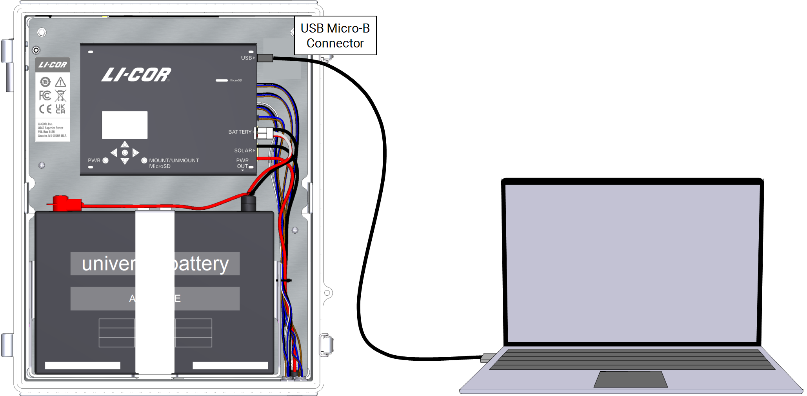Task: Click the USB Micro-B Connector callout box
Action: (335, 36)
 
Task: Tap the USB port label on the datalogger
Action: (247, 58)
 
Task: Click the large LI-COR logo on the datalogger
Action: (136, 74)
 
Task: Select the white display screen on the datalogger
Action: (125, 125)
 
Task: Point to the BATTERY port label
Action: (240, 132)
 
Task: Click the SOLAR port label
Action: (243, 151)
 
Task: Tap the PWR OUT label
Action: (243, 163)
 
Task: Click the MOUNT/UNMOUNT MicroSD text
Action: (173, 163)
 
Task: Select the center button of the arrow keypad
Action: (125, 153)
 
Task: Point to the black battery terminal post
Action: (248, 204)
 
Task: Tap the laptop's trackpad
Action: (631, 380)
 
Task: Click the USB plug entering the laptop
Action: (487, 358)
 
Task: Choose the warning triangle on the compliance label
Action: (60, 82)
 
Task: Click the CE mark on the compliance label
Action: (45, 109)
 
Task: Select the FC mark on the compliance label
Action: (45, 96)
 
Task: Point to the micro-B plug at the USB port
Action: (265, 58)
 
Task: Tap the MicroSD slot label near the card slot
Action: (236, 80)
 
